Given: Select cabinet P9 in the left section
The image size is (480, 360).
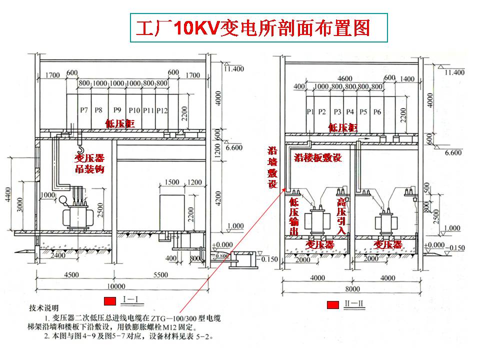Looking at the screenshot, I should click(x=117, y=109).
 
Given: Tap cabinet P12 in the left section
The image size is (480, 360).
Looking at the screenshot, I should click(x=161, y=109).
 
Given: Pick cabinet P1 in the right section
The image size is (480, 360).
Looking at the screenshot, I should click(x=310, y=111).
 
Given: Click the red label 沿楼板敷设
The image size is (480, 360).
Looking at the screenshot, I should click(x=318, y=158).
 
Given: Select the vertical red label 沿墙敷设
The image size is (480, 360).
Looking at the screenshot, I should click(x=272, y=167).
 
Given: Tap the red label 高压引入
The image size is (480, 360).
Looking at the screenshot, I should click(x=342, y=216).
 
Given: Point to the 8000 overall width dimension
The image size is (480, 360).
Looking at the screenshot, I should click(x=352, y=288).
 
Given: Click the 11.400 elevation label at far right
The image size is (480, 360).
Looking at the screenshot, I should click(x=454, y=72).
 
